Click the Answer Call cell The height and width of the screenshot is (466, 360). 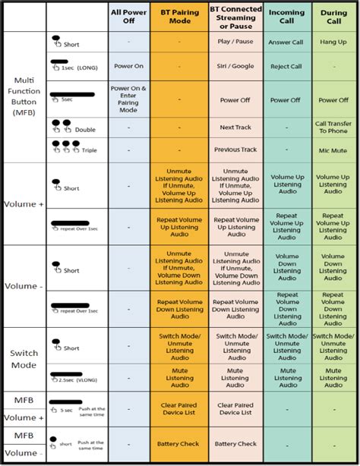point(286,43)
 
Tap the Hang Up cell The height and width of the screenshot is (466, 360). point(333,43)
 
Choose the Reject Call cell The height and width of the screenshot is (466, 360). point(286,66)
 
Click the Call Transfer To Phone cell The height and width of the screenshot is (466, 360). point(333,128)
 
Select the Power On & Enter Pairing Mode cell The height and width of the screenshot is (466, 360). point(128,99)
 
